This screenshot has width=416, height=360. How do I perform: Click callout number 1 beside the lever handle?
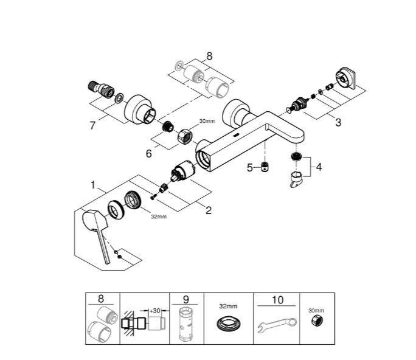pos(93,185)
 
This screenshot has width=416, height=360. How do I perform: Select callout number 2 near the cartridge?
pos(209,210)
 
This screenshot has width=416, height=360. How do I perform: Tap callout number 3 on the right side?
pos(338,123)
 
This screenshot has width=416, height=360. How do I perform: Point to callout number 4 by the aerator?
pos(319,167)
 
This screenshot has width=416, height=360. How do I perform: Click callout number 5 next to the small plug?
pos(249,168)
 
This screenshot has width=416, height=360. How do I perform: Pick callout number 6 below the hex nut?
pos(149,153)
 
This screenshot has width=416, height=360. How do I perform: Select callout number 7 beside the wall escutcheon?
pos(92,125)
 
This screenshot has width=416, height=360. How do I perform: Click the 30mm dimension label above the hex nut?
pos(207,121)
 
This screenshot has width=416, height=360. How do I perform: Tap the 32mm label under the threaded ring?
pos(159,216)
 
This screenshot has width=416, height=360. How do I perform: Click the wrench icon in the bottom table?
pos(277,324)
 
